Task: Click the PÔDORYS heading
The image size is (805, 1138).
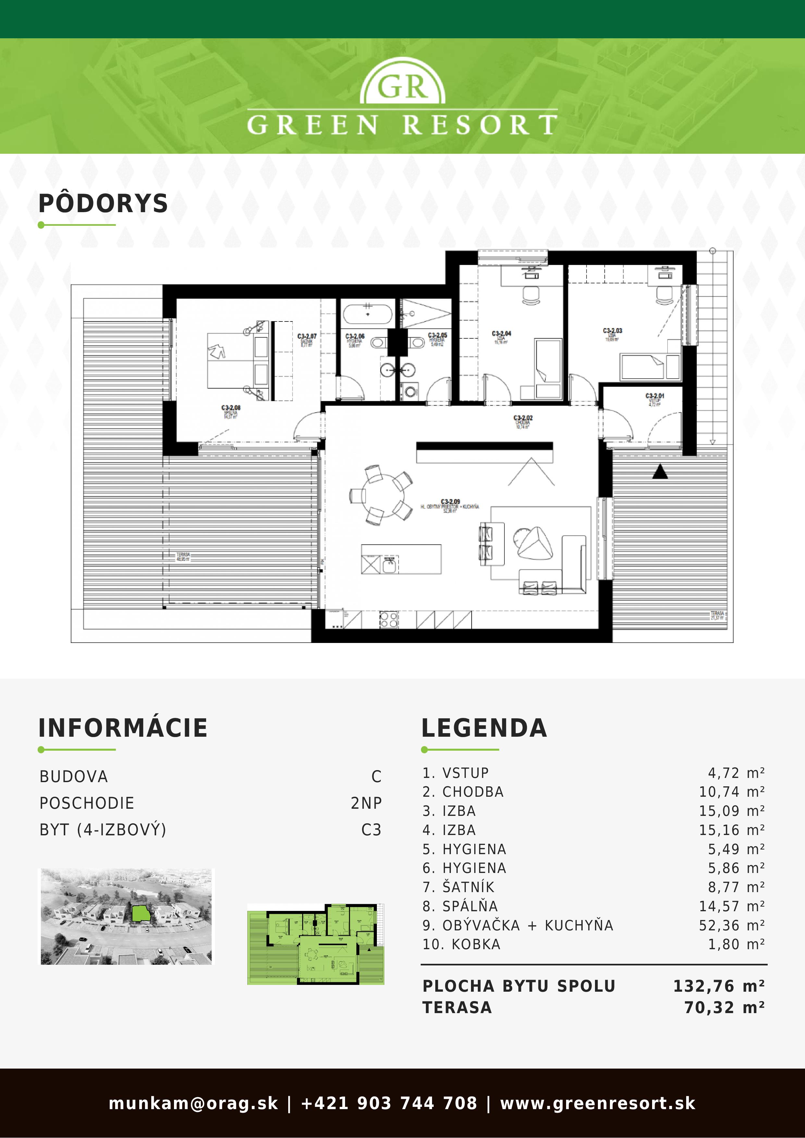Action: tap(103, 204)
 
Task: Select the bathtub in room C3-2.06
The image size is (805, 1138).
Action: tap(367, 314)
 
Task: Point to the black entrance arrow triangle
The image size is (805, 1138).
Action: tap(660, 472)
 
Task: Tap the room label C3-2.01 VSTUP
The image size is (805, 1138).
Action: tap(655, 396)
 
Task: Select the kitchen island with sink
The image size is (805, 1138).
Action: tap(401, 559)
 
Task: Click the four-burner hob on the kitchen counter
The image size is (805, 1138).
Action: tap(389, 620)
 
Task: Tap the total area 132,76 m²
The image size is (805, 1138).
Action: tap(718, 986)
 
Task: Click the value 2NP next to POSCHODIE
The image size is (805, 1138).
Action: tap(366, 803)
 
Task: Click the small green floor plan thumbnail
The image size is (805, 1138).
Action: tap(316, 944)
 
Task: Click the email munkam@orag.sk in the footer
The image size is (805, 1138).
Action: tap(193, 1103)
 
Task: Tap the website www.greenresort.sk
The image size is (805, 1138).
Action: tap(597, 1103)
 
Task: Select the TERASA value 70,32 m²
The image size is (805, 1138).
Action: tap(724, 1008)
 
